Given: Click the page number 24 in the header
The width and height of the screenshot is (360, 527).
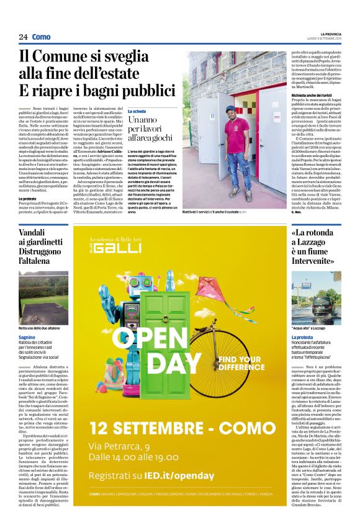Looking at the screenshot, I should (23, 37).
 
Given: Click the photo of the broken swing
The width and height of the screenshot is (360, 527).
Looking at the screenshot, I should (43, 295).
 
